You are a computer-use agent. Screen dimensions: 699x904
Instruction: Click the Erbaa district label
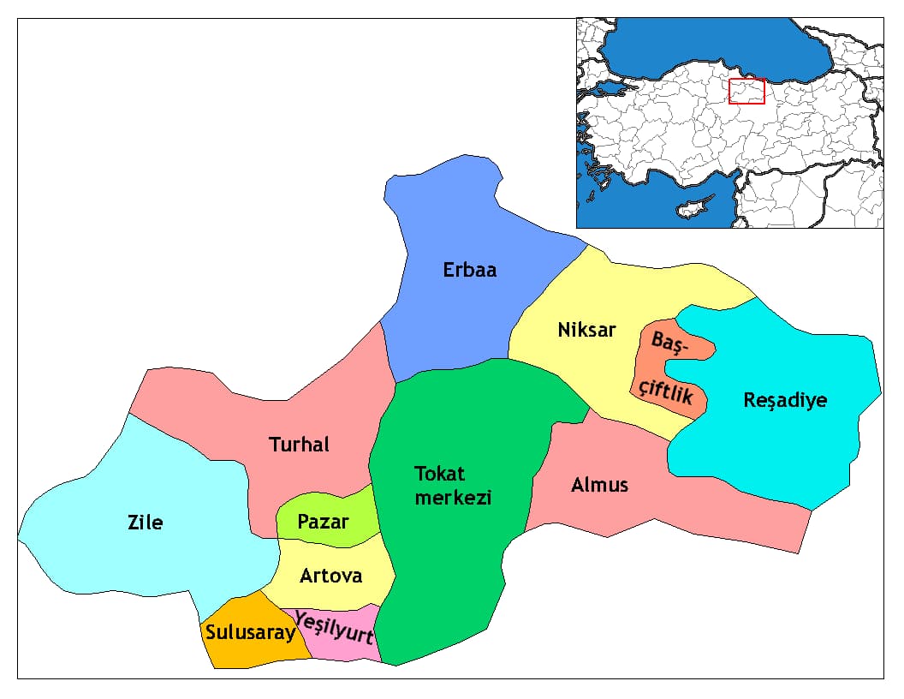click(469, 270)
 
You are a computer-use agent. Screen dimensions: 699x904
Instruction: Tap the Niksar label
click(586, 330)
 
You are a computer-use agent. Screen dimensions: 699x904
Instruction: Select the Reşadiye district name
click(785, 400)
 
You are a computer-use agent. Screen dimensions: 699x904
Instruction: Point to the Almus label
click(599, 485)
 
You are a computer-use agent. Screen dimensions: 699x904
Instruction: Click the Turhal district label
click(299, 445)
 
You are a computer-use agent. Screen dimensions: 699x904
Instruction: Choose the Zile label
click(145, 522)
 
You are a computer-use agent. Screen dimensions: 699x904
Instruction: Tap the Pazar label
click(323, 521)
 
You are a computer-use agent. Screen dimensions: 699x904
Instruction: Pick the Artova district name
click(330, 576)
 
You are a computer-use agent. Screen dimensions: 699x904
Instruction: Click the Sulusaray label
click(249, 633)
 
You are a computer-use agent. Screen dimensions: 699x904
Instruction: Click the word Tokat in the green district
click(439, 474)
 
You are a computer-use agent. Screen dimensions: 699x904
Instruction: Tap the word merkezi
click(453, 498)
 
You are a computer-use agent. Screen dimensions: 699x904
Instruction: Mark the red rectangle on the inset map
click(746, 91)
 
